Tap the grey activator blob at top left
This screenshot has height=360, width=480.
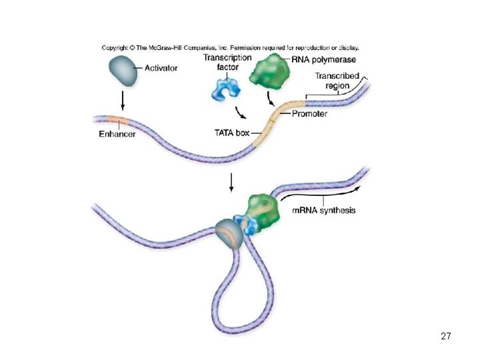click(x=122, y=71)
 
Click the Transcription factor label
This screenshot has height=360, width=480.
click(x=227, y=62)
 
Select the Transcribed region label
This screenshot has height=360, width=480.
click(x=337, y=81)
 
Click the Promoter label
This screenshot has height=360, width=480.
click(x=309, y=114)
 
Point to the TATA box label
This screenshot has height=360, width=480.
click(x=232, y=133)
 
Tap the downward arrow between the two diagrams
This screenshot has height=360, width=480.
click(x=231, y=182)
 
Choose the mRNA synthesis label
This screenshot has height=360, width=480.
click(x=324, y=211)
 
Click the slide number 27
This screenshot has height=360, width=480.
click(x=446, y=337)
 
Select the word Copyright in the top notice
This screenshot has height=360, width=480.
click(x=115, y=48)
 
